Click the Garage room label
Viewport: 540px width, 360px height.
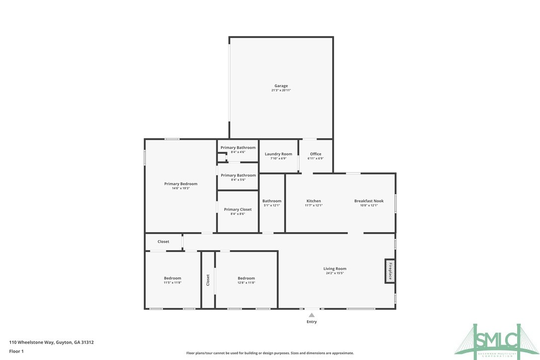(x=281, y=86)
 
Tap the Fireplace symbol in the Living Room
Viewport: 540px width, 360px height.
(x=390, y=271)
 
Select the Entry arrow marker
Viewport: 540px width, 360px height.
(x=311, y=315)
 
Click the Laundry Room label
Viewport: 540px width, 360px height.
(x=278, y=154)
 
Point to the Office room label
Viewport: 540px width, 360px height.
(x=316, y=154)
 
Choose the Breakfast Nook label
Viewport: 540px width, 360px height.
(x=368, y=201)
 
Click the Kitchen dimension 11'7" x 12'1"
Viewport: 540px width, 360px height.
(x=313, y=205)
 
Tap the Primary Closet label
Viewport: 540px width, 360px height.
(x=238, y=209)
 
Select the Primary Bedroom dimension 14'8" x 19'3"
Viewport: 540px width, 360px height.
(x=180, y=188)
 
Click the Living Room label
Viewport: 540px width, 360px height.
(x=335, y=269)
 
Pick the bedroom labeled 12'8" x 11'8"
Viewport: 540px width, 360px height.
(x=246, y=278)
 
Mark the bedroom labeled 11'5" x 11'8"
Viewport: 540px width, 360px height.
(x=173, y=278)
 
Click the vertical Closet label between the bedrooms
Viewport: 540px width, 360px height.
(x=208, y=280)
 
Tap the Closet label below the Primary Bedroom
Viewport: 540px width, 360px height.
(x=163, y=242)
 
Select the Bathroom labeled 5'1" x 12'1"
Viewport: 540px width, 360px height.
(x=272, y=201)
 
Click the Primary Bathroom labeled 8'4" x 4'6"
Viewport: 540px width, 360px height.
(x=238, y=148)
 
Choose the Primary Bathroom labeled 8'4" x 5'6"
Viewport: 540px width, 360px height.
(x=238, y=176)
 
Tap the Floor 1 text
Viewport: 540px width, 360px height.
(x=16, y=351)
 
